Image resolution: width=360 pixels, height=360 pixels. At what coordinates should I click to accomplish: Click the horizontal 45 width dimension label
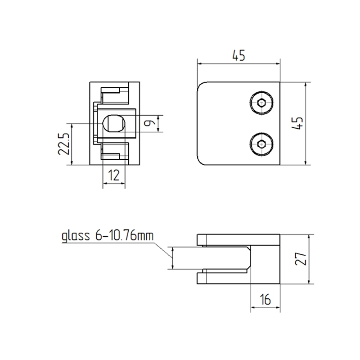pyautogui.click(x=238, y=56)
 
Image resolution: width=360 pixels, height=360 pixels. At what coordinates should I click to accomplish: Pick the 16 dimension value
pyautogui.click(x=265, y=300)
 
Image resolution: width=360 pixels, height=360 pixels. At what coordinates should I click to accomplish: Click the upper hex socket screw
pyautogui.click(x=262, y=103)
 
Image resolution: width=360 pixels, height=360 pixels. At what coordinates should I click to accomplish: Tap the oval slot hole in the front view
pyautogui.click(x=113, y=122)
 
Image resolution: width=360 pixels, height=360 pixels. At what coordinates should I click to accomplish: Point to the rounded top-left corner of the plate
pyautogui.click(x=201, y=86)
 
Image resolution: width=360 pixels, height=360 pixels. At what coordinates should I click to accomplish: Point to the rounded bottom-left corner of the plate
pyautogui.click(x=201, y=161)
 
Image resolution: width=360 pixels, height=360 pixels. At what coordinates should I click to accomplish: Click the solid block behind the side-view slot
pyautogui.click(x=265, y=259)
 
